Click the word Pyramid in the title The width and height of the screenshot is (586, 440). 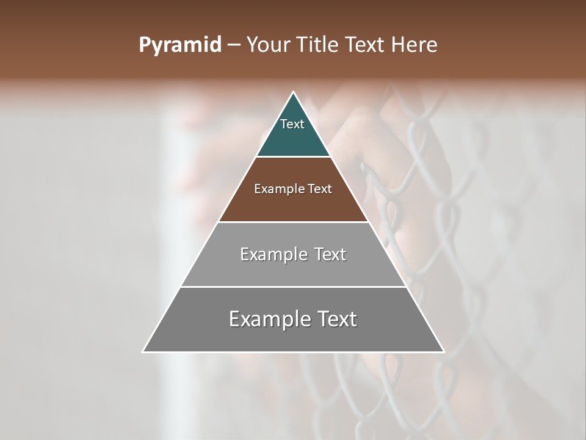179,45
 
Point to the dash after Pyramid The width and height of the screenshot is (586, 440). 233,45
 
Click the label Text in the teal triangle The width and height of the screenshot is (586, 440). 292,124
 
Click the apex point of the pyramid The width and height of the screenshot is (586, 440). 294,92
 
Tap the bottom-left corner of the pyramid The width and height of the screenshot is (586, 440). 143,352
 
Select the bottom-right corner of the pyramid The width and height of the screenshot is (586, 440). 444,352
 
